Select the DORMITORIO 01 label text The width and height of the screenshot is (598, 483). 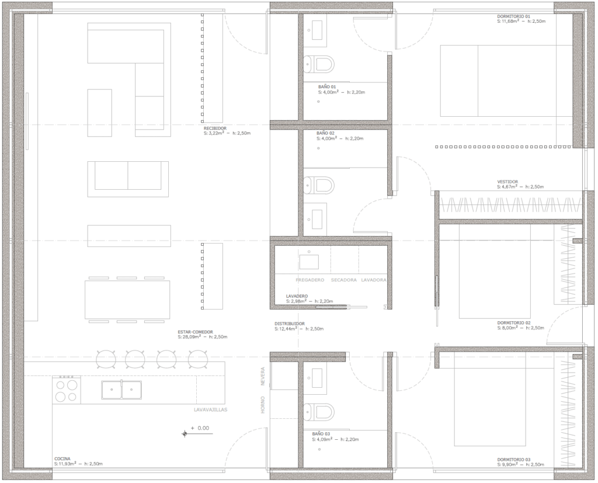point(514,16)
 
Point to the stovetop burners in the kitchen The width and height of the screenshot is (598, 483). point(66,390)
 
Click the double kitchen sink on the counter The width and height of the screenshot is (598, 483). point(121,390)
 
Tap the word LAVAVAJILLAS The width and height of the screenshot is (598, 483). point(210,410)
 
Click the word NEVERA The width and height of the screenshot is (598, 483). point(263,376)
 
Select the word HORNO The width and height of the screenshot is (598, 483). point(263,405)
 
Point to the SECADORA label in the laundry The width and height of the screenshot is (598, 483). point(343,280)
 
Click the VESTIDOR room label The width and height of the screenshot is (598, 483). point(507,182)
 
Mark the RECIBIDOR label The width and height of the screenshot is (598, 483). point(215,128)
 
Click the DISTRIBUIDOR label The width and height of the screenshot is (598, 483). point(290,324)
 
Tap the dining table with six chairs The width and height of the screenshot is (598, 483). point(127,300)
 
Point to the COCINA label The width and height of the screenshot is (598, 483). point(62,458)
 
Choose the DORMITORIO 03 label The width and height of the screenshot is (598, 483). point(514,459)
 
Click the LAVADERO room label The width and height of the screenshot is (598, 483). point(297,296)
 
